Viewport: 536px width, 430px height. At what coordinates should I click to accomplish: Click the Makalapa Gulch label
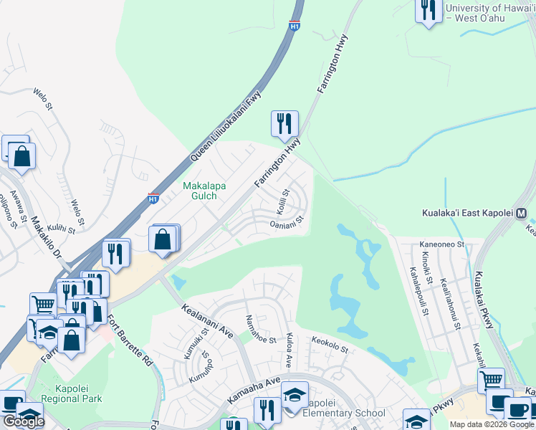click(x=204, y=191)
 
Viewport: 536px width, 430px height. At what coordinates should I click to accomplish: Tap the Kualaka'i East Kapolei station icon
click(x=521, y=214)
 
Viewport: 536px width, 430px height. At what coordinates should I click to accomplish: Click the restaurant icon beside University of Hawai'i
click(x=429, y=10)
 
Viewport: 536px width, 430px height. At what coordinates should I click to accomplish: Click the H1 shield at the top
click(x=294, y=26)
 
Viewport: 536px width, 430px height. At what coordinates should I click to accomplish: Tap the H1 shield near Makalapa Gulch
click(x=153, y=197)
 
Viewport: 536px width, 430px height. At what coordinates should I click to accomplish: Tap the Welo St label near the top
click(x=43, y=99)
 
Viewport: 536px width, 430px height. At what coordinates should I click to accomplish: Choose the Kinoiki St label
click(x=428, y=265)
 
